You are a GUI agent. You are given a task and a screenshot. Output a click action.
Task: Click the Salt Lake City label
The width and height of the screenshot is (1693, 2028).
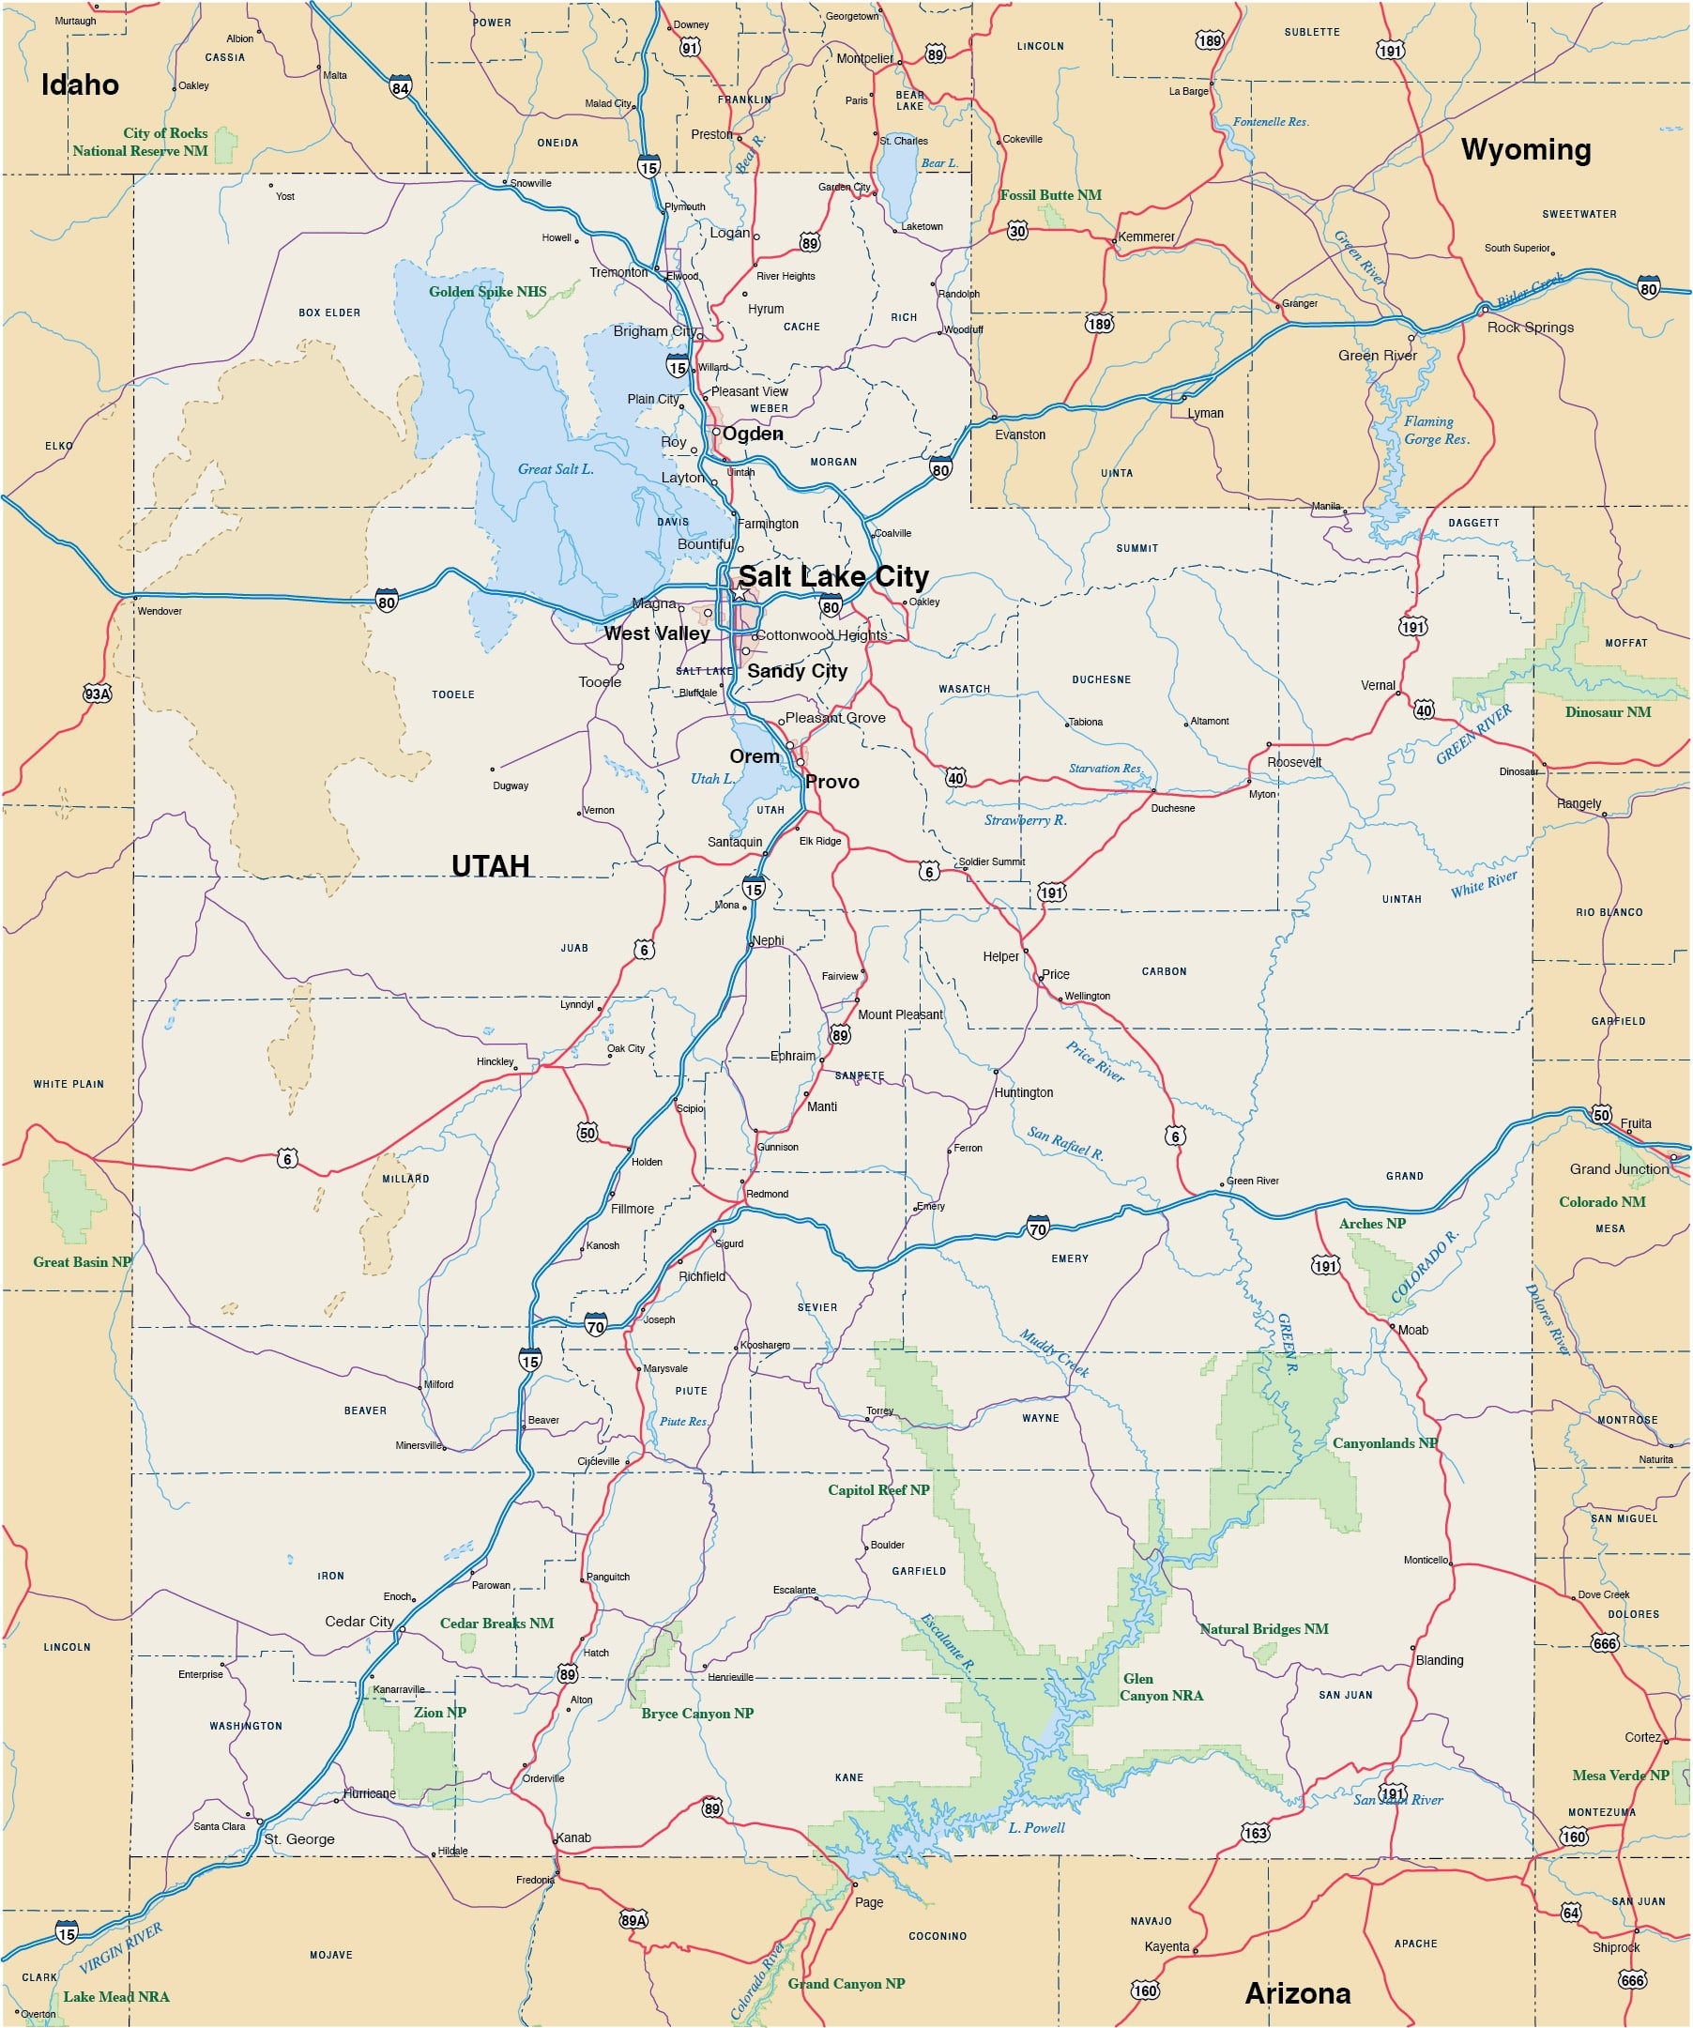pos(833,576)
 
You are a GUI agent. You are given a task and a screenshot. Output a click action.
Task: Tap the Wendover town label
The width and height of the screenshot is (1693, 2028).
pos(160,611)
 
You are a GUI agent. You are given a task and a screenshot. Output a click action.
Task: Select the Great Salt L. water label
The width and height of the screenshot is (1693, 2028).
pos(556,469)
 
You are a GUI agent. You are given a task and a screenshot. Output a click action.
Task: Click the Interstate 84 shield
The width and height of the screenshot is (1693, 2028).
pos(401,88)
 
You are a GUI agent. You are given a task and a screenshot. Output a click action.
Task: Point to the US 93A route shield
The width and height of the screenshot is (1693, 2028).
pos(98,694)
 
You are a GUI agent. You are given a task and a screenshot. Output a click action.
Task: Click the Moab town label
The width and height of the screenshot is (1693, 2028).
pos(1413,1330)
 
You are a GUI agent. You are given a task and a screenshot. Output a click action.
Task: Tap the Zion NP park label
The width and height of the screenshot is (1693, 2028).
pos(439,1713)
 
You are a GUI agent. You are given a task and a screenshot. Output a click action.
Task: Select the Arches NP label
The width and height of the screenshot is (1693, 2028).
pos(1371,1224)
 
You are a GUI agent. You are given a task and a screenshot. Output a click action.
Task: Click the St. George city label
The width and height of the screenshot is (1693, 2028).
pos(299,1839)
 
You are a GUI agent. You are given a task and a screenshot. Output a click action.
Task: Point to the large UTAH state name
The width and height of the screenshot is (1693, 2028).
pos(491,865)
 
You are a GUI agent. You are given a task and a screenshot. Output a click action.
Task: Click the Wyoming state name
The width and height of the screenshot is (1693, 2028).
pos(1526,150)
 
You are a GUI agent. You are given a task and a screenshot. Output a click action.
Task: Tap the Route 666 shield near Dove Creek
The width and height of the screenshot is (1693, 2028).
pos(1604,1643)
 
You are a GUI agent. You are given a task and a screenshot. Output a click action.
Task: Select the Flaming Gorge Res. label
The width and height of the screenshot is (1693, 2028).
pos(1436,430)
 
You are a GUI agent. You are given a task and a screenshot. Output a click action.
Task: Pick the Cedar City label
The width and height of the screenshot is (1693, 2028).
pos(359,1622)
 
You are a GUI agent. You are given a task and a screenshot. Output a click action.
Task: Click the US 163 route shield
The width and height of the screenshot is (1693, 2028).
pos(1256,1833)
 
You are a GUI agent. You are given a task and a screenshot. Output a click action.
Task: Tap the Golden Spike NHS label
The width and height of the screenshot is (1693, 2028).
pos(488,292)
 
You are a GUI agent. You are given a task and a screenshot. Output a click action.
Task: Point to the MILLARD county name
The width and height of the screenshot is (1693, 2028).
pos(405,1178)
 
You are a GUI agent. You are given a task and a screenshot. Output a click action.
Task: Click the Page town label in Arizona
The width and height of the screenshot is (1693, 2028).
pos(869,1902)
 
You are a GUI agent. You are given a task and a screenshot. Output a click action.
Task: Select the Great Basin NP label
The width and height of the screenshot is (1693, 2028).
pos(82,1261)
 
